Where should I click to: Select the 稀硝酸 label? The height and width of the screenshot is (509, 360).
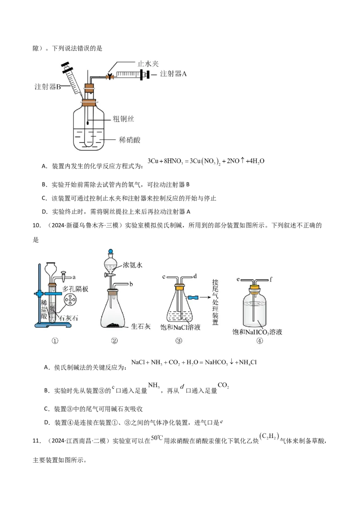130,140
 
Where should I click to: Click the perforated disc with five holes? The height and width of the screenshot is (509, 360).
70,299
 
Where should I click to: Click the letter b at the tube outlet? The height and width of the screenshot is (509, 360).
131,285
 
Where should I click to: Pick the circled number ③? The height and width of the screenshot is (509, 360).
179,340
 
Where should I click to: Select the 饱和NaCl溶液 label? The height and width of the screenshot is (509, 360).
180,328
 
